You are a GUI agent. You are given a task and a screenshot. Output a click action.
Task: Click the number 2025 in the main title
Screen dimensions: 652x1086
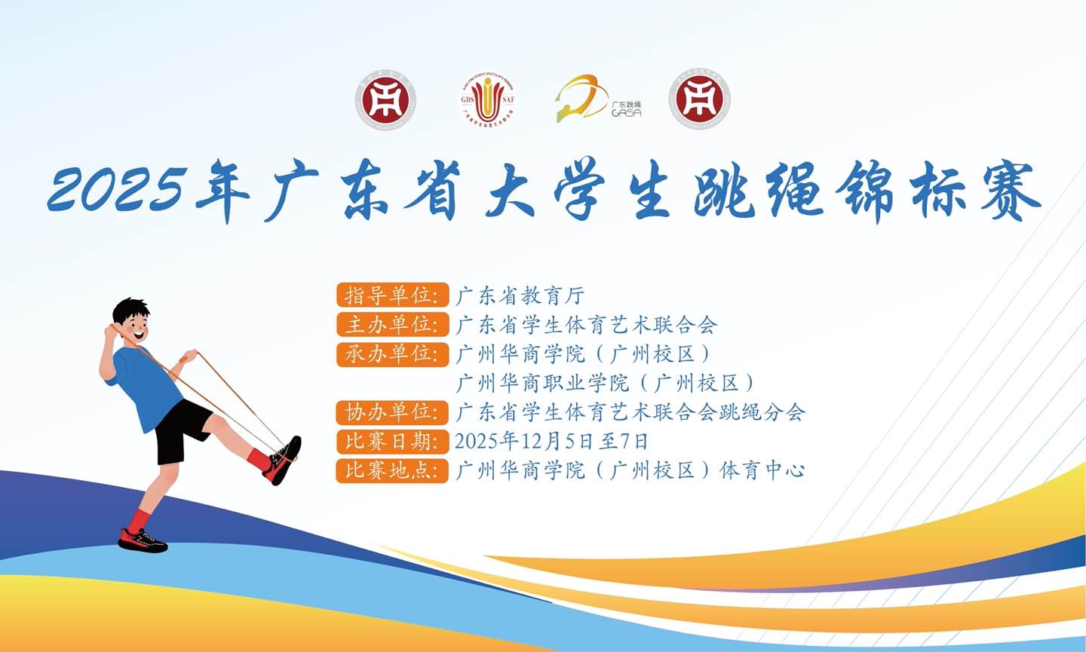click(115, 188)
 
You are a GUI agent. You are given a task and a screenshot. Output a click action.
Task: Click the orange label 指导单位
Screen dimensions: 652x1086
click(392, 295)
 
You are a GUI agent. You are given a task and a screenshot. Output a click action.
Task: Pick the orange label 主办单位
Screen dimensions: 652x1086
click(392, 324)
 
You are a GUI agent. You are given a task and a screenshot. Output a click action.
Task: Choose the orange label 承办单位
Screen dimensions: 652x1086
click(392, 354)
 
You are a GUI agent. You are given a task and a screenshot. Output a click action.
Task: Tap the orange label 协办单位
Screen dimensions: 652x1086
click(392, 412)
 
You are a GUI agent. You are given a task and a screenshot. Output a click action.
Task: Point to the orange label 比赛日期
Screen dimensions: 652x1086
click(392, 441)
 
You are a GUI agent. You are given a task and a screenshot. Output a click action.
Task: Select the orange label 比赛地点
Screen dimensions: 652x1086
click(392, 470)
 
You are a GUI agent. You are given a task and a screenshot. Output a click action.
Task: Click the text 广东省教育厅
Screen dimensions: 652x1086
click(520, 295)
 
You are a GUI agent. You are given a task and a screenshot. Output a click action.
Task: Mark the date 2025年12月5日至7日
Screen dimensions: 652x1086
click(551, 441)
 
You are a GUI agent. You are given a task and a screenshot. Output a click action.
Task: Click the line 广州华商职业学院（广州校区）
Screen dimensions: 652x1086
click(605, 383)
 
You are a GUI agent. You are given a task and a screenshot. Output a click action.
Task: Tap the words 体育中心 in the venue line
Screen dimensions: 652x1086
click(762, 470)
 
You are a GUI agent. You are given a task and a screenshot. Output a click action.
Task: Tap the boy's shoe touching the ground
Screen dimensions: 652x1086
click(143, 540)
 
